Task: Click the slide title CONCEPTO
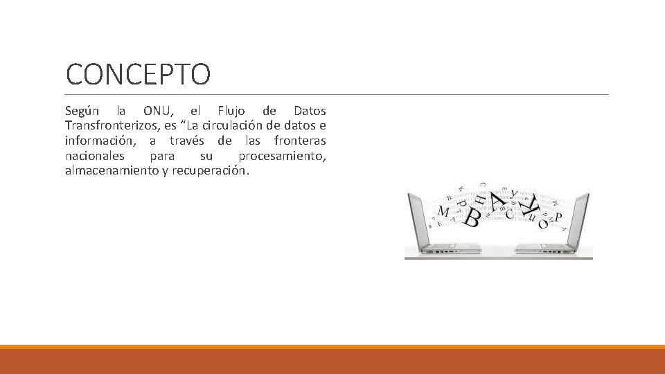[x=137, y=74]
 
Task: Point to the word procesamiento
[x=282, y=156]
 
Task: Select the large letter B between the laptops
[x=472, y=218]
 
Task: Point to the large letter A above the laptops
[x=497, y=201]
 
